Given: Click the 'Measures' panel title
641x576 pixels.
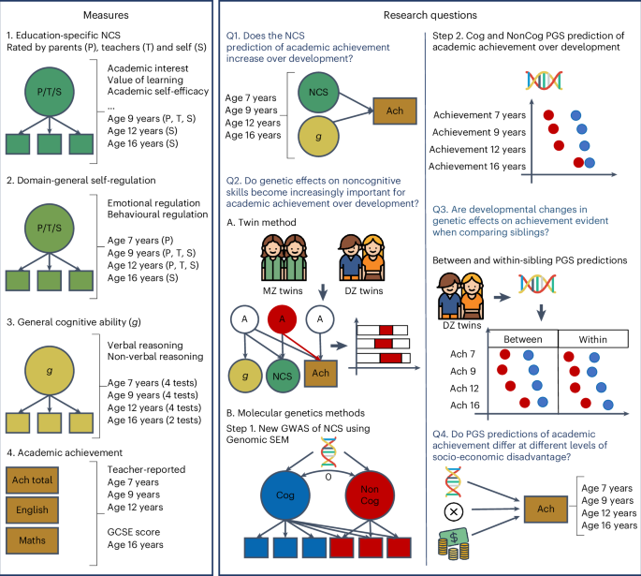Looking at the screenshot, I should [107, 15].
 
